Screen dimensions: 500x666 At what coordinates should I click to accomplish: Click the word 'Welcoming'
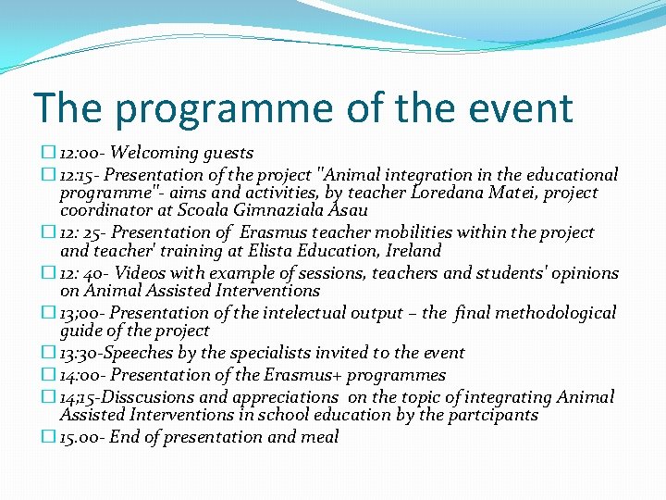pyautogui.click(x=151, y=153)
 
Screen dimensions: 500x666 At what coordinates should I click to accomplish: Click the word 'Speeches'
pyautogui.click(x=145, y=353)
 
